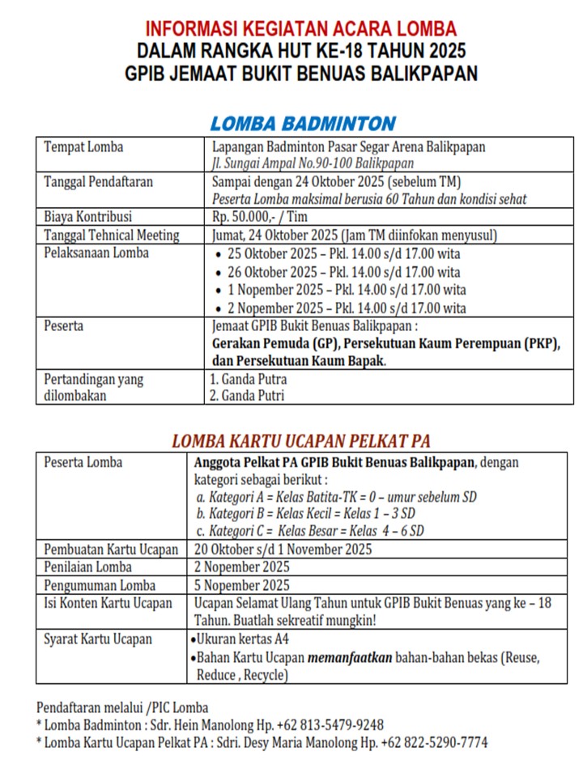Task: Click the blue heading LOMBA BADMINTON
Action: (302, 124)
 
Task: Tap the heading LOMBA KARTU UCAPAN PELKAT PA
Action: (300, 441)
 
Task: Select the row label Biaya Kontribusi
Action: (87, 217)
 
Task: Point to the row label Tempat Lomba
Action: (83, 147)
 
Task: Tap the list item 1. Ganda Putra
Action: (248, 379)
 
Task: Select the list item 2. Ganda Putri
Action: (247, 396)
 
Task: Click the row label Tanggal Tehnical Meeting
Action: (111, 236)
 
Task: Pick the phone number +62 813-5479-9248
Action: (330, 724)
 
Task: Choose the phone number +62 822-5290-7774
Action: (434, 742)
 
